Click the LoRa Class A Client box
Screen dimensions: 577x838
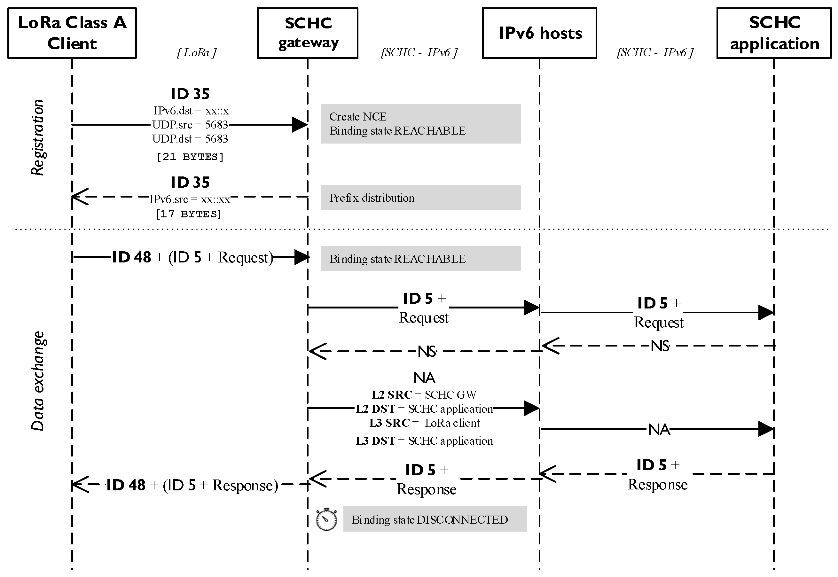(72, 33)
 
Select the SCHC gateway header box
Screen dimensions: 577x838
(307, 33)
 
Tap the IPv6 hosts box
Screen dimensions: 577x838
(539, 33)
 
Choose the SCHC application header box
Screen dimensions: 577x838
(774, 33)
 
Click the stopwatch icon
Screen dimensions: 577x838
(326, 519)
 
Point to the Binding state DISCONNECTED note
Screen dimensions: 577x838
(435, 519)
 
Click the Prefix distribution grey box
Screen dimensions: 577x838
(420, 198)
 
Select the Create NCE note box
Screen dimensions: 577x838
(420, 124)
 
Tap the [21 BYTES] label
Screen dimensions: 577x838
(190, 157)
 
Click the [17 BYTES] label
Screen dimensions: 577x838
(189, 214)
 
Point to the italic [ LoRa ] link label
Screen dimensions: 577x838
(197, 53)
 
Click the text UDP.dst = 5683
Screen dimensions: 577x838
(190, 139)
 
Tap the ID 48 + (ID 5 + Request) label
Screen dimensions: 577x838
(192, 257)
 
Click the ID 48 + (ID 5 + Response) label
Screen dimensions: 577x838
(192, 485)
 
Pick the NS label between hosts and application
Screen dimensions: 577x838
(660, 346)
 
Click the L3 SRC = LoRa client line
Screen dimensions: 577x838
(424, 423)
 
